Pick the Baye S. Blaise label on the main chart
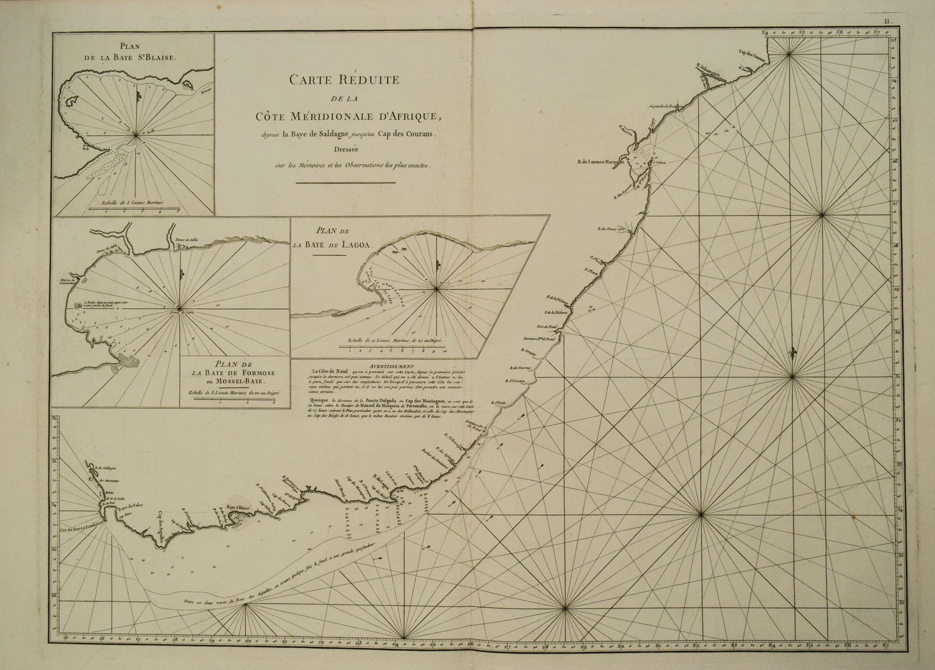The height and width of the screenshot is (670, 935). [238, 509]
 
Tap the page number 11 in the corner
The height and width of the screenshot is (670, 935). [888, 22]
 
